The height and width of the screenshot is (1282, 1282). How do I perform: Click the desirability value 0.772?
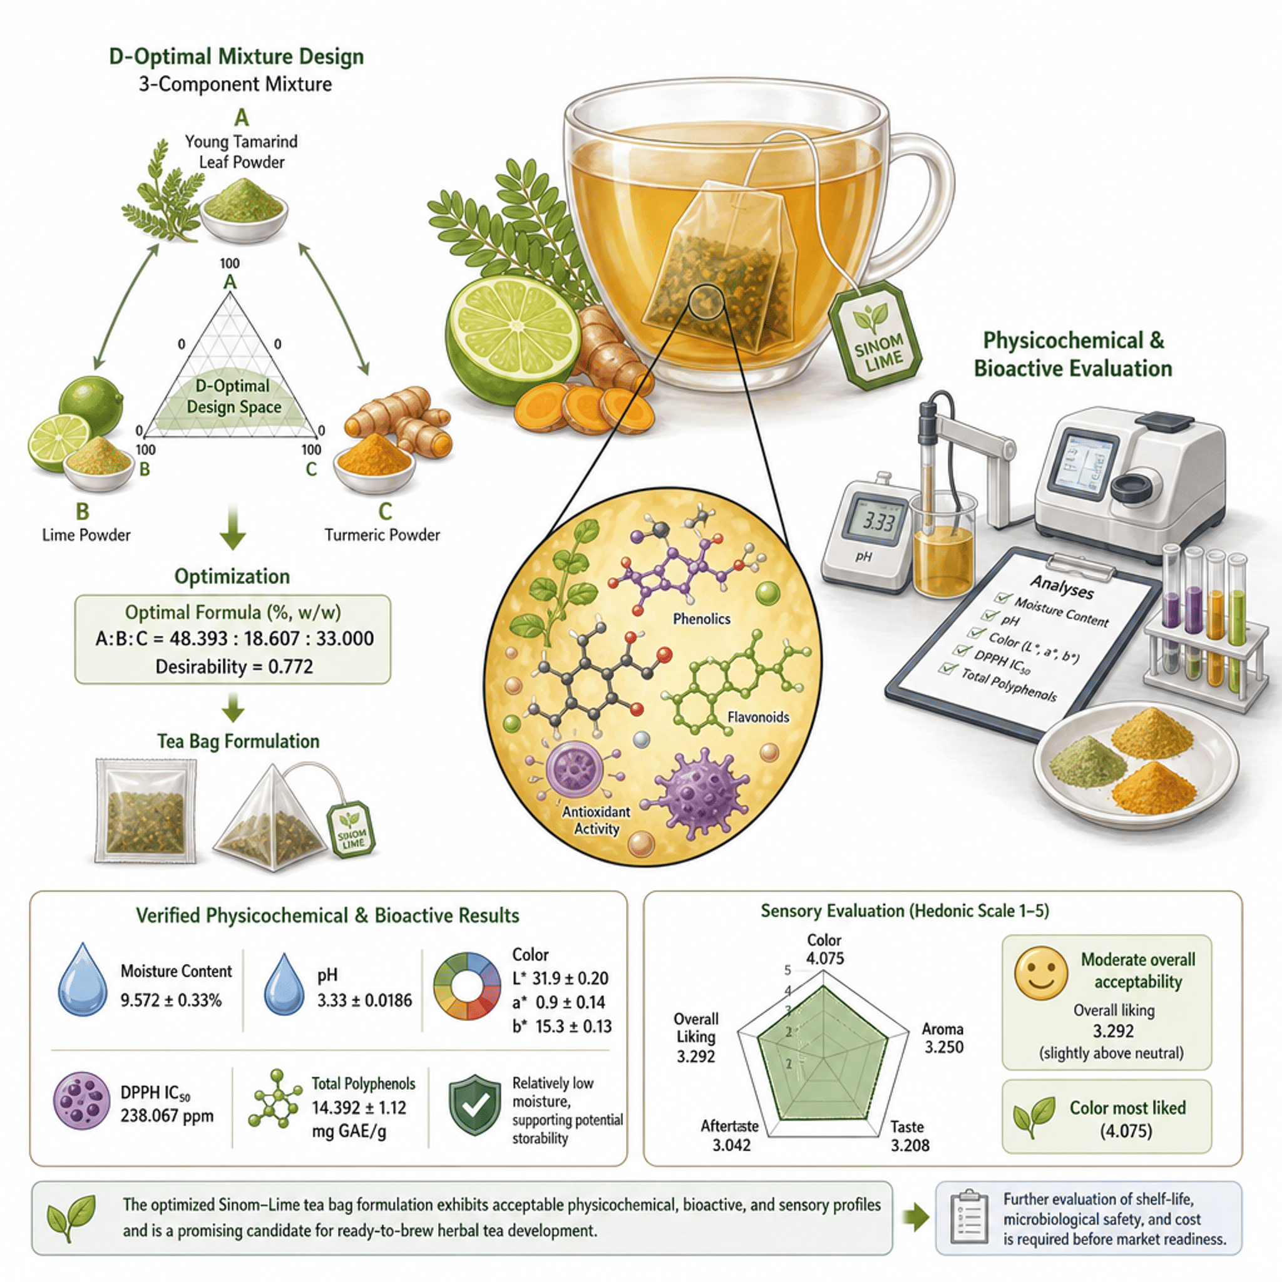[290, 666]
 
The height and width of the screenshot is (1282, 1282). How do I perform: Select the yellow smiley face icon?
[1040, 973]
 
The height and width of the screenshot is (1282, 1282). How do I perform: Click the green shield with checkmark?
[474, 1106]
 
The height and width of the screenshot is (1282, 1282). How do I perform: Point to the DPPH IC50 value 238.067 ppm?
[167, 1116]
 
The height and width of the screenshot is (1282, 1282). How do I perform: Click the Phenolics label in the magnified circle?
[701, 618]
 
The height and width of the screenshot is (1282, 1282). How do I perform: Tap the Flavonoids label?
[758, 717]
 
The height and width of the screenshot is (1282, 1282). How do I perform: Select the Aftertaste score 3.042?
[731, 1146]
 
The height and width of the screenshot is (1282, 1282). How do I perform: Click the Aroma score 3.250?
[943, 1047]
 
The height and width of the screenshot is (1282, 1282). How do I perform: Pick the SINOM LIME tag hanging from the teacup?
[875, 336]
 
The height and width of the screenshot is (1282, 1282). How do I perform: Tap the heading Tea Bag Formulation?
[238, 741]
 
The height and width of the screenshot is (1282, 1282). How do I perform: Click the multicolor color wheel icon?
[467, 986]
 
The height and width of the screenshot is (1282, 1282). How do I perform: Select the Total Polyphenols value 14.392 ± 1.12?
[359, 1107]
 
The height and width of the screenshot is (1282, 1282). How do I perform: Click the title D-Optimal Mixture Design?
[236, 56]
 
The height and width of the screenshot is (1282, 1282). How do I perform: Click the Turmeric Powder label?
[382, 535]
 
